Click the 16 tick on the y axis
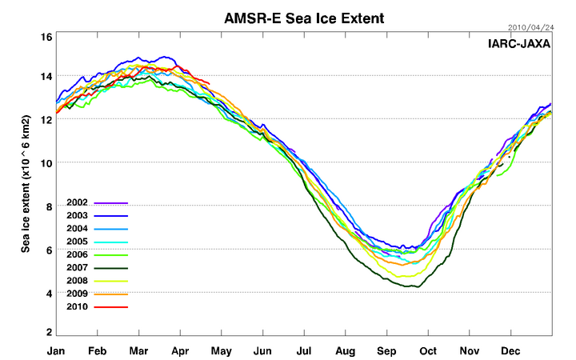46,37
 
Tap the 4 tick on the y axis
48,294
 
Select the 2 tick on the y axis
48,332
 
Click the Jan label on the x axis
56,350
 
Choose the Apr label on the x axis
181,350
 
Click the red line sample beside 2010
111,307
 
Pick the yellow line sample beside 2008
111,282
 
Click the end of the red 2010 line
210,82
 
